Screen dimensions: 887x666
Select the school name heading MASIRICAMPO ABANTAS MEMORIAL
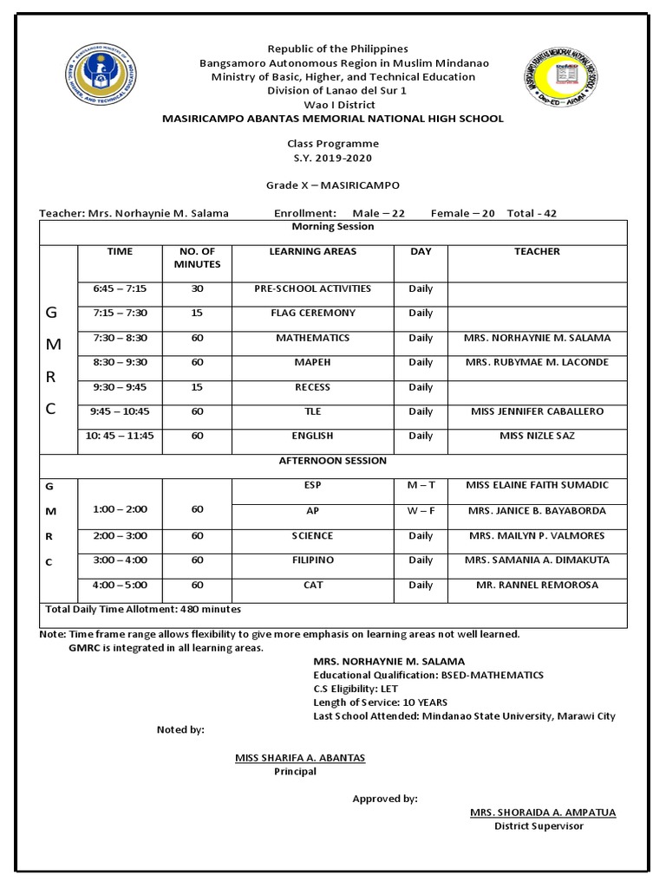click(x=333, y=119)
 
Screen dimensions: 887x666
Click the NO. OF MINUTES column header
click(x=197, y=258)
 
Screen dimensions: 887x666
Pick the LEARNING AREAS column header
click(x=313, y=251)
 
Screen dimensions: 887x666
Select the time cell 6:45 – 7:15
click(x=120, y=288)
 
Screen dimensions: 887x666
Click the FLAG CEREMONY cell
click(x=313, y=313)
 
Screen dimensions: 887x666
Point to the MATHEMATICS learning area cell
click(x=313, y=338)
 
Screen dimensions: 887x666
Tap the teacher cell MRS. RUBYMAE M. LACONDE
click(x=537, y=362)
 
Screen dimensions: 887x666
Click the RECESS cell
click(x=313, y=387)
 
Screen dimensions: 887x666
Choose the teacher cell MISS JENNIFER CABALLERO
click(x=537, y=411)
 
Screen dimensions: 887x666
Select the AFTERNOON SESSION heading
click(x=333, y=461)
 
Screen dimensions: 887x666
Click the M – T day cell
click(x=421, y=485)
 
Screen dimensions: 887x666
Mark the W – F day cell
click(x=421, y=511)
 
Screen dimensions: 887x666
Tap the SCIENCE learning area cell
click(x=313, y=535)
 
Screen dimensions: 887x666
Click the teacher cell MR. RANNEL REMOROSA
click(x=537, y=586)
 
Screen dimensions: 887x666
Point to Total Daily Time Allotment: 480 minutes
click(x=143, y=610)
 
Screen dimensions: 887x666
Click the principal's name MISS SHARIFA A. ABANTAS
click(x=300, y=758)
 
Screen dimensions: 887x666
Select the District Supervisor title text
click(x=539, y=826)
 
